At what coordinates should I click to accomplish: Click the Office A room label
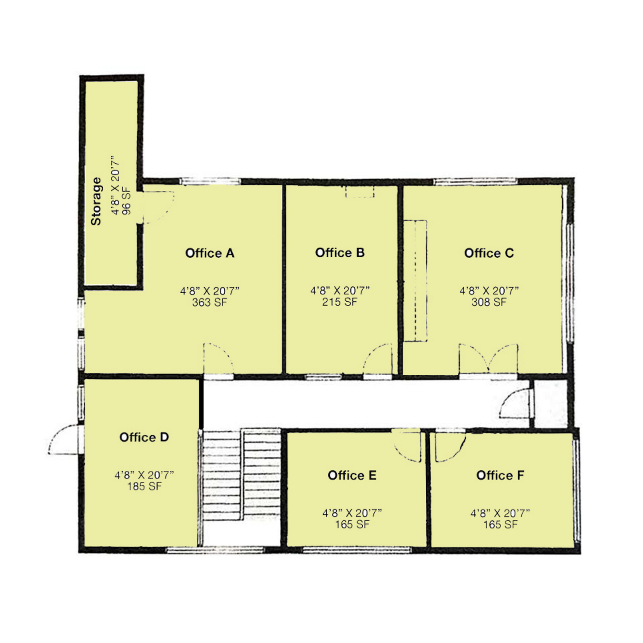[x=210, y=253]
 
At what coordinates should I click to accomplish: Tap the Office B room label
[x=340, y=253]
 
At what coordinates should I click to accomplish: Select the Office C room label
[x=489, y=253]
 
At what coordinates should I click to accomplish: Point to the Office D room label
[x=144, y=437]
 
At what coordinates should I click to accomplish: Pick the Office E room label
[x=352, y=475]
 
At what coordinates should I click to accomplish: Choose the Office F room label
[x=500, y=475]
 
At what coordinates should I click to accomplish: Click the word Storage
[x=96, y=201]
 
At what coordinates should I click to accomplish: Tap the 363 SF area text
[x=210, y=302]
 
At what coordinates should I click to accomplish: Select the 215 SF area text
[x=340, y=302]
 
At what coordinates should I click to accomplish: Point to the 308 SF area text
[x=489, y=302]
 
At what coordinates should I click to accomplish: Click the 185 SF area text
[x=144, y=486]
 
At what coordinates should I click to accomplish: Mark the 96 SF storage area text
[x=127, y=203]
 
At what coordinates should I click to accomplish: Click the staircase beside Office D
[x=242, y=475]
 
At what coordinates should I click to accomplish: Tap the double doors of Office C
[x=489, y=360]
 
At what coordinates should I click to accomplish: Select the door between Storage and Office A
[x=157, y=207]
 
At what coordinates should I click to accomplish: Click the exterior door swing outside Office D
[x=65, y=439]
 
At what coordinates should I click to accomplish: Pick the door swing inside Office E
[x=406, y=445]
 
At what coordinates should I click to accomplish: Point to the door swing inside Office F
[x=450, y=446]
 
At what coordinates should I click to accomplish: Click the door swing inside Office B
[x=378, y=359]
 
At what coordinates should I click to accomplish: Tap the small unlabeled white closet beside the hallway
[x=551, y=404]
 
